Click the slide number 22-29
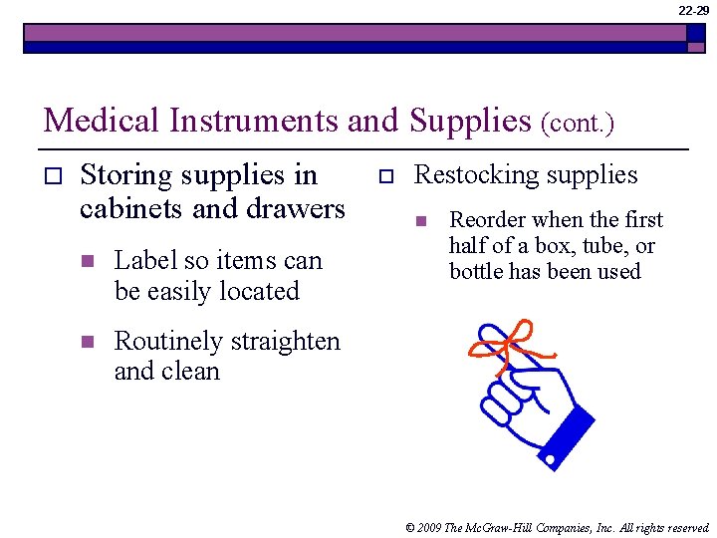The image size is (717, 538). pyautogui.click(x=693, y=10)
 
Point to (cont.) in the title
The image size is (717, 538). pyautogui.click(x=578, y=124)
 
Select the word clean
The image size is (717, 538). pyautogui.click(x=193, y=372)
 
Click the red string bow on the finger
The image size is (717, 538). pyautogui.click(x=508, y=345)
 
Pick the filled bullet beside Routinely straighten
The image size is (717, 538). pyautogui.click(x=87, y=343)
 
